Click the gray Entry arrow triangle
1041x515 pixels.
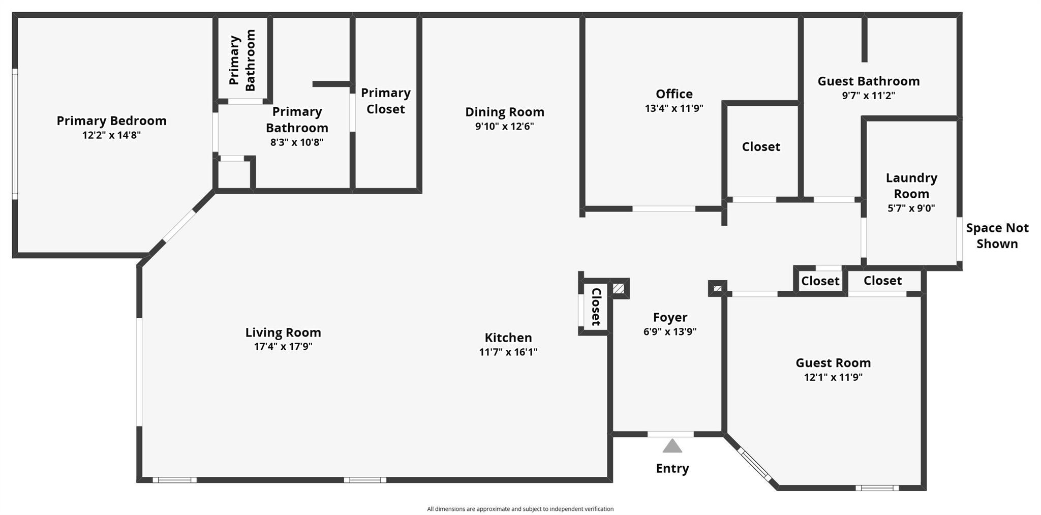672,446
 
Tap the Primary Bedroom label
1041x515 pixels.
111,120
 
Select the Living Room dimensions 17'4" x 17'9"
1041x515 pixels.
283,347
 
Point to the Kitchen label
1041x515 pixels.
508,338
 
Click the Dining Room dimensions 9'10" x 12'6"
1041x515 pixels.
504,126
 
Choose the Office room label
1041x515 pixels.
674,94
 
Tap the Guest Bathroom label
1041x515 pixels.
868,81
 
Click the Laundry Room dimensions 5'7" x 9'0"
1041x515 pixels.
911,208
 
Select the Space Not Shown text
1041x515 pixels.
997,235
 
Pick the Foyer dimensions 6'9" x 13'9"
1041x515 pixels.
669,331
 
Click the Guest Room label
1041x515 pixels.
833,363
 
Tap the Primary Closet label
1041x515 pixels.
386,101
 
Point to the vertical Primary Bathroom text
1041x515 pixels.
242,60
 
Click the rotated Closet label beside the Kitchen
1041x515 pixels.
596,307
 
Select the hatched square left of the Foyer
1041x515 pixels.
618,289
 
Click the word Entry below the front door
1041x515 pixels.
672,468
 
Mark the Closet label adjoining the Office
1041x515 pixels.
760,147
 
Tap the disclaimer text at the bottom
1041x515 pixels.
520,509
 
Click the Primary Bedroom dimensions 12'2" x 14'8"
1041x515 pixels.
111,135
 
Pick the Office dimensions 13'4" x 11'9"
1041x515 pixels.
674,108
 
